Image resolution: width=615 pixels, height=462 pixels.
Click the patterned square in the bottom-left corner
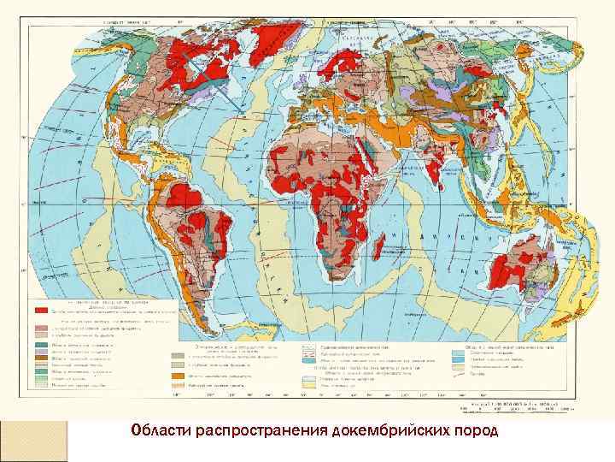pos(33,441)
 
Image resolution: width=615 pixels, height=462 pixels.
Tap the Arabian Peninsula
pos(393,154)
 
